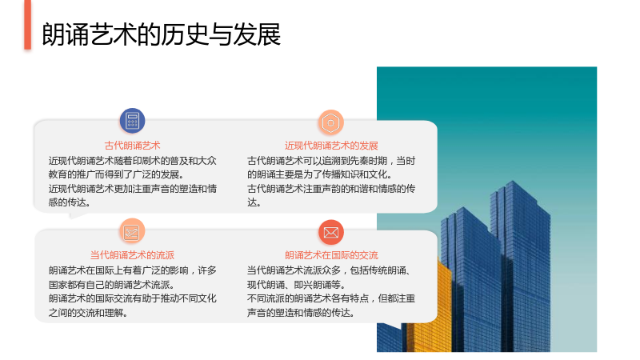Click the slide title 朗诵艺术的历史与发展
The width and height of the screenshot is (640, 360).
[162, 34]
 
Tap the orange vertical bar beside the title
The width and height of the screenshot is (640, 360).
[28, 25]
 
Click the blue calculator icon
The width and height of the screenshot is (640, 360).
[132, 121]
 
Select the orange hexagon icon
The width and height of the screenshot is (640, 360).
[330, 122]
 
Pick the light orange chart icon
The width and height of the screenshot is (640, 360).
[132, 232]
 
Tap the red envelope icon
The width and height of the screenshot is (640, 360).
[331, 232]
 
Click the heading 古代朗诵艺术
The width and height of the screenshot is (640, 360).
[132, 146]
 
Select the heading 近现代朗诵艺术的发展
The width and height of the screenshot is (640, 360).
[331, 146]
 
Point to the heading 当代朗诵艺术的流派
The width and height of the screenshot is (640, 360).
[132, 255]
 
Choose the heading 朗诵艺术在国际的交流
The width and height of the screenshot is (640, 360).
[331, 255]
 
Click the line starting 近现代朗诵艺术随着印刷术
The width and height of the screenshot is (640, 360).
[132, 161]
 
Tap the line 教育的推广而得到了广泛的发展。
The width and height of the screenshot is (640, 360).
[116, 174]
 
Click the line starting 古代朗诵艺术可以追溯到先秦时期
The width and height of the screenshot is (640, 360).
[331, 161]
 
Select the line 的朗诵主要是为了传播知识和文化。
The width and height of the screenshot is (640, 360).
[319, 174]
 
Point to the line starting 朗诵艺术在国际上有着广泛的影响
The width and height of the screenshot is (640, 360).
[132, 270]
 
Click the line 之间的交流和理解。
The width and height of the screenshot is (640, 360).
[88, 313]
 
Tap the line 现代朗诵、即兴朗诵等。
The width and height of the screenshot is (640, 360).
[296, 285]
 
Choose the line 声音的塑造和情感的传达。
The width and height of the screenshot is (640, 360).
[301, 313]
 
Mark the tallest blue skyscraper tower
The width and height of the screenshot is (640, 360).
[521, 266]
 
